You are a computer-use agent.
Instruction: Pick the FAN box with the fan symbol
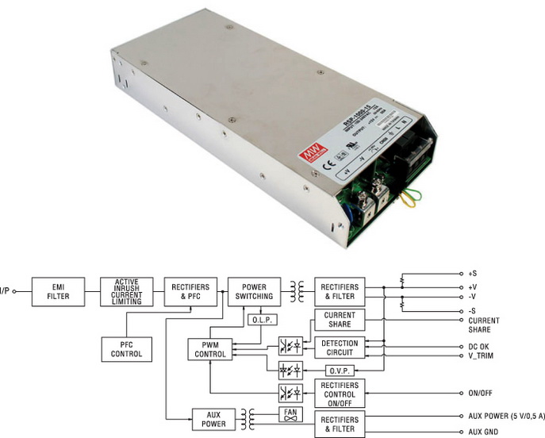(x=290, y=415)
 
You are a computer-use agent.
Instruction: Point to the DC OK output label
(x=482, y=347)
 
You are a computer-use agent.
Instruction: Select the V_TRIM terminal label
(x=484, y=356)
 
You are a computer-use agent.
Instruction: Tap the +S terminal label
(x=474, y=272)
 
